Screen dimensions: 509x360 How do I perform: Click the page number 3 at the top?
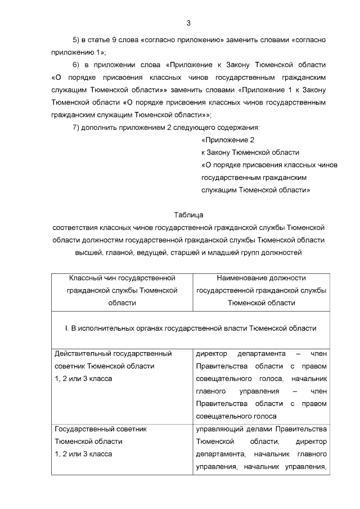click(x=188, y=23)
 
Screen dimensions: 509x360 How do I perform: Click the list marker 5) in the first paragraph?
click(x=78, y=40)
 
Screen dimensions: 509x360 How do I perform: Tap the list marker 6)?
click(x=78, y=65)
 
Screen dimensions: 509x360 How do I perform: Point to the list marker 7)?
click(x=78, y=127)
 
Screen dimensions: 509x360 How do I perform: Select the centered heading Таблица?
click(x=188, y=215)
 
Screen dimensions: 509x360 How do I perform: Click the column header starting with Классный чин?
click(x=122, y=290)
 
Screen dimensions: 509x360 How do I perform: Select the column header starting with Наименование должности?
click(x=261, y=290)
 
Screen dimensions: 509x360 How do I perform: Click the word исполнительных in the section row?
click(x=109, y=328)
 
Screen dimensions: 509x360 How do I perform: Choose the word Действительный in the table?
click(x=83, y=354)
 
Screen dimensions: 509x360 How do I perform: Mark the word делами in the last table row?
click(x=260, y=429)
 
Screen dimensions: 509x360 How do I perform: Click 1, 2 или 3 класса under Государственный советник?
click(x=83, y=454)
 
